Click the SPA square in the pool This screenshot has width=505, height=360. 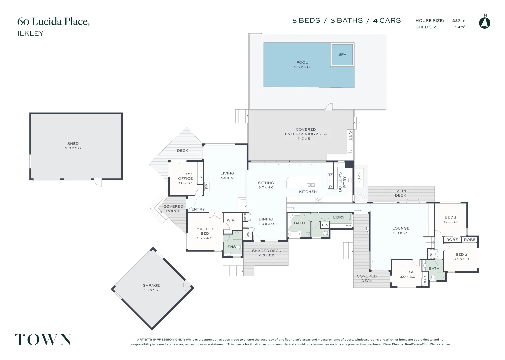[x=342, y=54]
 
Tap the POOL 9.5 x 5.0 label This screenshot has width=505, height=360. [x=302, y=65]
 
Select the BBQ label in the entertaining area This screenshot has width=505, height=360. [x=350, y=135]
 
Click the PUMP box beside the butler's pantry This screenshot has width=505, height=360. [x=359, y=177]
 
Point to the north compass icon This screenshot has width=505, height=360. [x=485, y=22]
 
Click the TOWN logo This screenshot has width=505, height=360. [x=43, y=340]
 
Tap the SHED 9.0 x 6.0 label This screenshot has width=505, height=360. [x=73, y=146]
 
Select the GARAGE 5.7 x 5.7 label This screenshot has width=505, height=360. [x=151, y=288]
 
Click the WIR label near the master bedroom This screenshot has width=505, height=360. [x=231, y=220]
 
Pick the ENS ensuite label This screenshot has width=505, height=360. [x=231, y=247]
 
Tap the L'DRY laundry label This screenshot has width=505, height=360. [x=339, y=217]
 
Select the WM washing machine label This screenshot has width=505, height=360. [x=348, y=226]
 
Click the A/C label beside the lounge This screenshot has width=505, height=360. [x=367, y=230]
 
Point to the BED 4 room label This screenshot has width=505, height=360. [x=407, y=274]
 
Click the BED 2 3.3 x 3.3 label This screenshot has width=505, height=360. [x=450, y=219]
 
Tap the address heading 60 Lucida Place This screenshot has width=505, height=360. [x=53, y=22]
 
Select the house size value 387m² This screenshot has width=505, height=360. [x=459, y=21]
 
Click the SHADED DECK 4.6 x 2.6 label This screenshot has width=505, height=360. [x=266, y=253]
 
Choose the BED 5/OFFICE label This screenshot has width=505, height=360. [x=185, y=178]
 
